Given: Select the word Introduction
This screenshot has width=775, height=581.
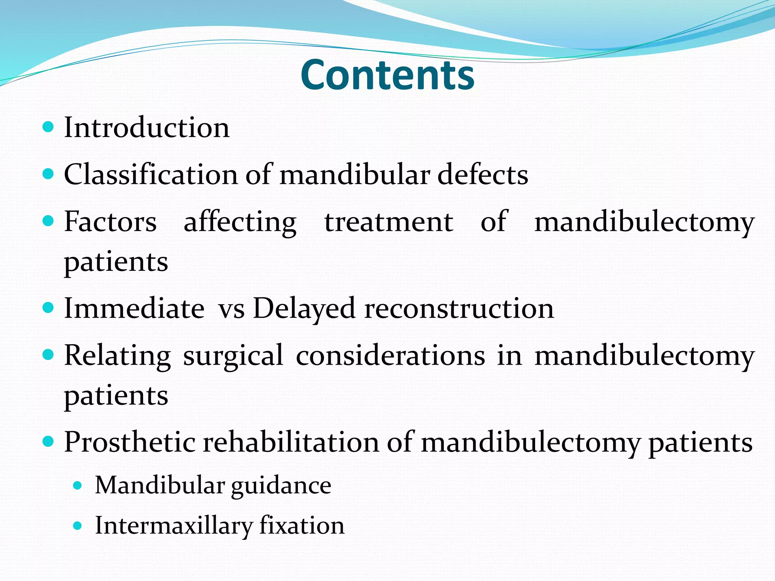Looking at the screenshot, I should point(147,127).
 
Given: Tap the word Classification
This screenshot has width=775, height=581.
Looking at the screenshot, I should point(151,175).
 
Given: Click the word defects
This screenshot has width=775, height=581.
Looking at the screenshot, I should point(482,175).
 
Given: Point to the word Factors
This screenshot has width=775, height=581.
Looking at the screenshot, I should point(110,222).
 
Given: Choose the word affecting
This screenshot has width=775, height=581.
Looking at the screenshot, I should point(240,222).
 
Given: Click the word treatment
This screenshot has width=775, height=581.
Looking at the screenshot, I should point(389,222).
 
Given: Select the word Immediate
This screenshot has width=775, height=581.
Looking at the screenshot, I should point(134,308).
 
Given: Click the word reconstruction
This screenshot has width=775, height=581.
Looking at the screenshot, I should point(459,309).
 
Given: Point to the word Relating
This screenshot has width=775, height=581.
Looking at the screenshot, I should point(117,356).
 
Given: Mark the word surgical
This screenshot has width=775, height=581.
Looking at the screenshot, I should point(233,356).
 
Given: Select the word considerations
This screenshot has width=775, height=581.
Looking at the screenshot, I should point(390,356).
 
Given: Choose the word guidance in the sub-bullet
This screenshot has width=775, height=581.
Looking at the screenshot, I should point(281,486).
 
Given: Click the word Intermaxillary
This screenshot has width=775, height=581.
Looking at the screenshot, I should point(174,526).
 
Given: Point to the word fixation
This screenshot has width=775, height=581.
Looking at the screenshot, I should point(302,525).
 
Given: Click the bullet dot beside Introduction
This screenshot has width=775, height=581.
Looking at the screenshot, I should point(48,127).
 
